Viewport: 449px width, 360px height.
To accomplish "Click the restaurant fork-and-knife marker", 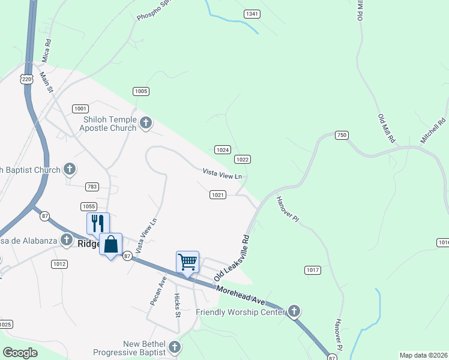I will (x=98, y=224).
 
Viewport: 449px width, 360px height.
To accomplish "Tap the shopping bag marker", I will (x=110, y=245).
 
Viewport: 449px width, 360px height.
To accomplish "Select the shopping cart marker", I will (x=187, y=262).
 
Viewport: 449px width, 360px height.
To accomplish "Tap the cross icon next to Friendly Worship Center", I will (x=294, y=311).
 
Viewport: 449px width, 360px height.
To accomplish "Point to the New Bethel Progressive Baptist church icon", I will (x=174, y=347).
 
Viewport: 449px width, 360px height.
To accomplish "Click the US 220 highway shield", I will (x=26, y=79).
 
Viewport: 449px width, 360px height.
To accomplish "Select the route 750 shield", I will (x=342, y=135).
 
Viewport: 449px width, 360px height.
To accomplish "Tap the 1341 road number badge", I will (x=252, y=13).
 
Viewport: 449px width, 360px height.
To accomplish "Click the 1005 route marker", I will (x=141, y=91).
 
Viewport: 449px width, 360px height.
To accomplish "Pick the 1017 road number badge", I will (x=312, y=270).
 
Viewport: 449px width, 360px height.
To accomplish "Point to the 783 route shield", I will (x=92, y=187).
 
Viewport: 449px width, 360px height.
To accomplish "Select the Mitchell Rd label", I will (x=433, y=130).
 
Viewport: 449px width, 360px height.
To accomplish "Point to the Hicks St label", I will (x=177, y=305).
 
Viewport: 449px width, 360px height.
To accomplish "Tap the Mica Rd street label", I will (x=47, y=51).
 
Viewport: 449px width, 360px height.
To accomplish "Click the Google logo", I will (x=20, y=353).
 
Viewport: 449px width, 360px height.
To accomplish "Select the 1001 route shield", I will (x=80, y=109).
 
